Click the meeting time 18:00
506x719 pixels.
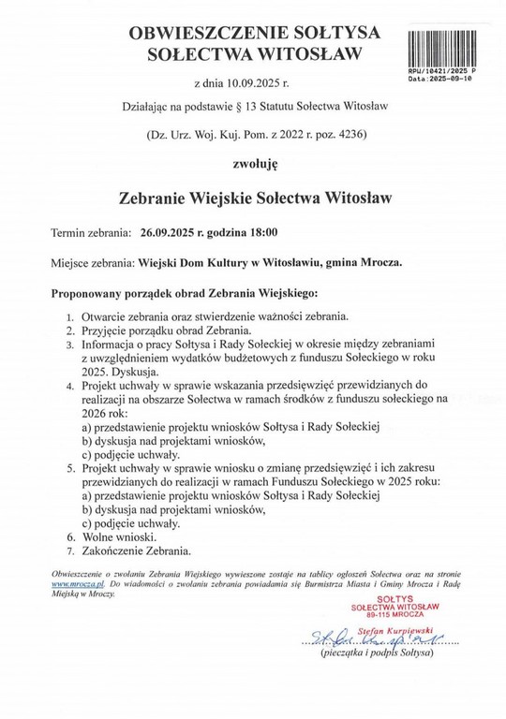click(x=261, y=231)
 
